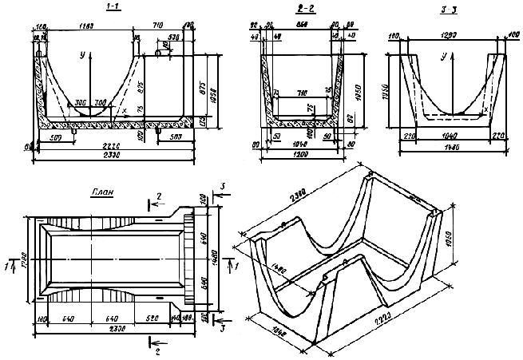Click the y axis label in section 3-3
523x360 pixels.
[441, 57]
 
